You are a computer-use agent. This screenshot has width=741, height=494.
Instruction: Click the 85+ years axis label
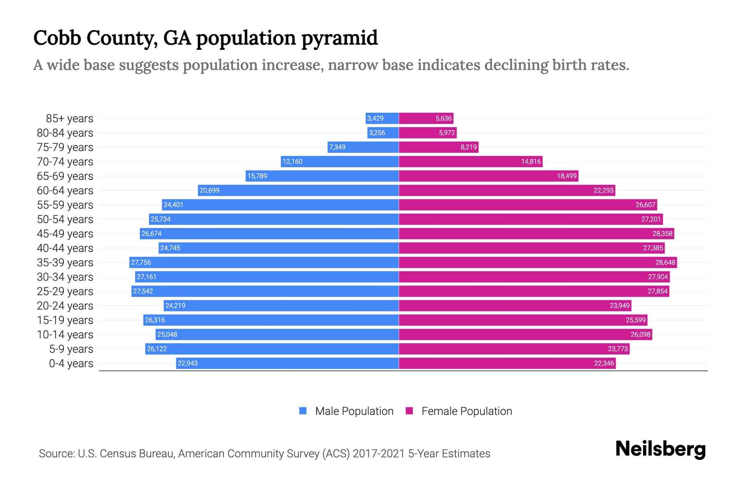[x=70, y=119]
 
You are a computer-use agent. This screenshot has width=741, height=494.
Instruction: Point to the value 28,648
[x=665, y=263]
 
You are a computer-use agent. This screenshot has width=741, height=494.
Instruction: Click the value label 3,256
[x=377, y=133]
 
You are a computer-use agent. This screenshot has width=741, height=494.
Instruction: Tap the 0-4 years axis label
[x=71, y=364]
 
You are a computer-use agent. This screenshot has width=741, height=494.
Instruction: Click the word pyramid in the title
[x=340, y=38]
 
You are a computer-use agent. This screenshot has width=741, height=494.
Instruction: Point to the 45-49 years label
[x=65, y=234]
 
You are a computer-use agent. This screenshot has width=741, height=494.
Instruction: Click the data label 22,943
[x=188, y=364]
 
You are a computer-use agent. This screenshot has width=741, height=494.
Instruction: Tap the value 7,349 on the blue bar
[x=337, y=147]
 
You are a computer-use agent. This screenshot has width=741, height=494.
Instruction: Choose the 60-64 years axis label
[x=65, y=191]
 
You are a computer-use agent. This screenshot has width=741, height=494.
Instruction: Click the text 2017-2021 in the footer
[x=378, y=454]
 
